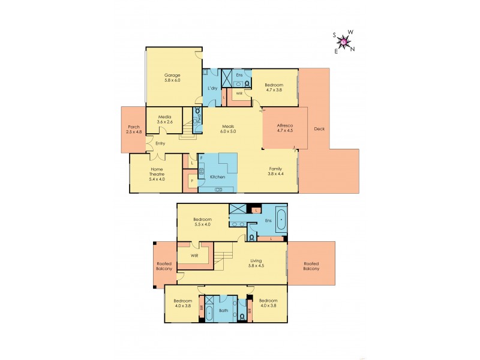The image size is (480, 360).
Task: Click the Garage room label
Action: pos(173,75)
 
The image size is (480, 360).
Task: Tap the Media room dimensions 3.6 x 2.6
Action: pos(165,122)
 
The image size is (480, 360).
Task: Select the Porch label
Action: pos(134,127)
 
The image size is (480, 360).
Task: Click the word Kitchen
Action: pos(217,177)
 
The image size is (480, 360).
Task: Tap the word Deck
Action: pos(318,128)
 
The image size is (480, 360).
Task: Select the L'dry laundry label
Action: pos(212,89)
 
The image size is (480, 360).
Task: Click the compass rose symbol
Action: pos(344,41)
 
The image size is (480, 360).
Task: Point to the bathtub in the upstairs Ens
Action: pos(280,220)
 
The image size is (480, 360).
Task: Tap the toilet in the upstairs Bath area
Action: pos(242,316)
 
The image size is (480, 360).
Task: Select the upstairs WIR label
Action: pos(194,255)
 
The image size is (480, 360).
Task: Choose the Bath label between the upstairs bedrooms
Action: pos(223,311)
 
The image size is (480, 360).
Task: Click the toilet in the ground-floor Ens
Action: pos(246,83)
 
